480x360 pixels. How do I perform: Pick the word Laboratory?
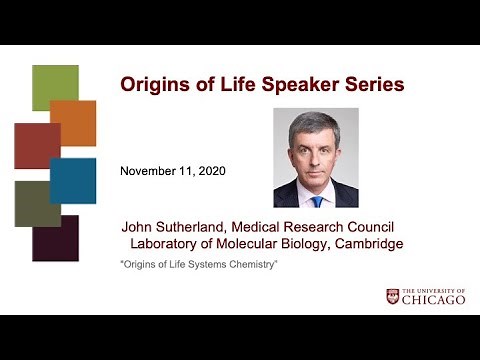[169, 243]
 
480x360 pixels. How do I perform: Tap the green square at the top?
[55, 88]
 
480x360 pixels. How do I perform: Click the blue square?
[74, 180]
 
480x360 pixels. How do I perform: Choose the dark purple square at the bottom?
[56, 238]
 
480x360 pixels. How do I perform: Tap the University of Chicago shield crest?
[392, 297]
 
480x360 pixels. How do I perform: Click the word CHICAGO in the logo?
[433, 300]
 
